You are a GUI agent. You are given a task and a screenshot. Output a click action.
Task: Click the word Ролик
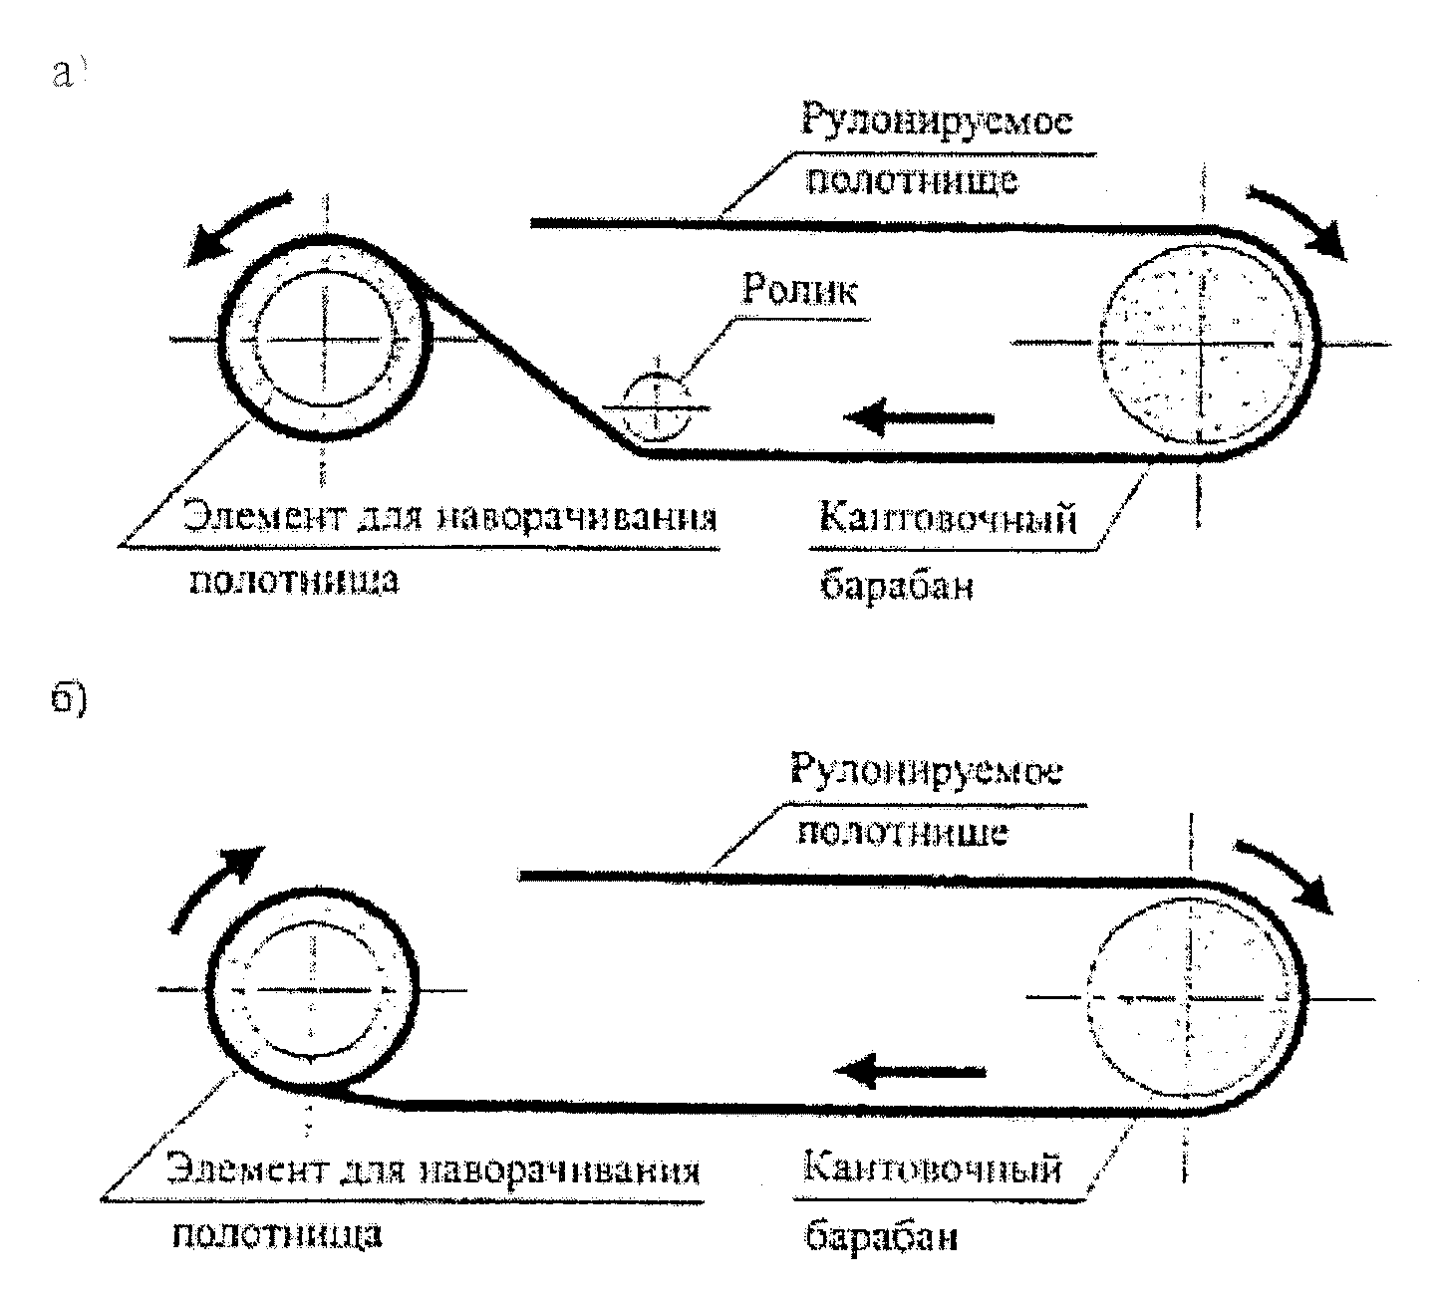(x=800, y=291)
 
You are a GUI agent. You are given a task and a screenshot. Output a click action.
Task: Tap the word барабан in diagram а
(x=896, y=586)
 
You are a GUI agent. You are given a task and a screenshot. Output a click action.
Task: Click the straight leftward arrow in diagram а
(x=919, y=416)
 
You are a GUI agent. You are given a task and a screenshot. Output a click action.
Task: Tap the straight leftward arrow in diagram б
(x=909, y=1073)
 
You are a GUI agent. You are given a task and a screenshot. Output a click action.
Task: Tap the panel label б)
(x=71, y=700)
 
